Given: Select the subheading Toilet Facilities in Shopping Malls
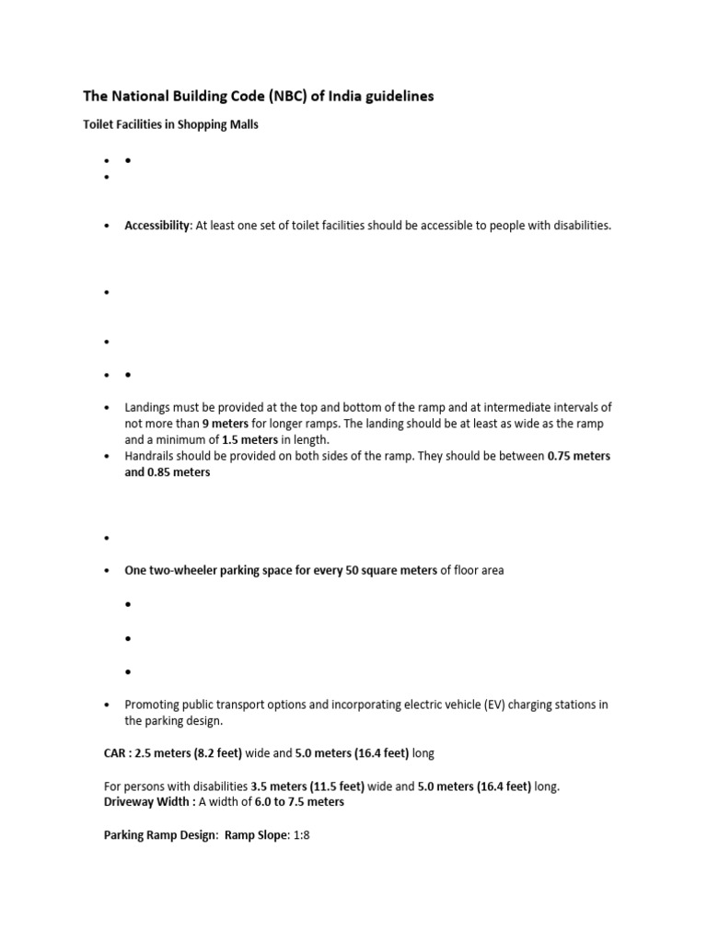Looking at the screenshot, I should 171,125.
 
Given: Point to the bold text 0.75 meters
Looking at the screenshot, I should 578,457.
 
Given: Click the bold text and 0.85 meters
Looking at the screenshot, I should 168,472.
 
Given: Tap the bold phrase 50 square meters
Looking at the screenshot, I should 391,570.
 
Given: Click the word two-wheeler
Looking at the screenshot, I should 180,570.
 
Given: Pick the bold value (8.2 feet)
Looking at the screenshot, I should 216,753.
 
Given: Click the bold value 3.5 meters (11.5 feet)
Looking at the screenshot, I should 307,786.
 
